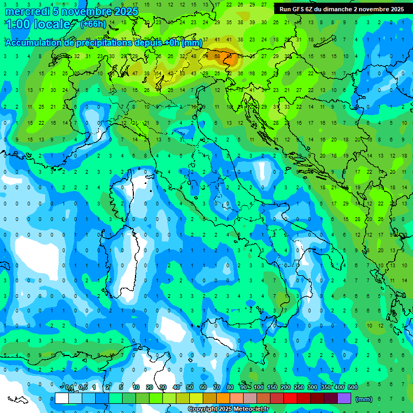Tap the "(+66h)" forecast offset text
tap(93, 24)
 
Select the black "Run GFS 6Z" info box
tap(341, 9)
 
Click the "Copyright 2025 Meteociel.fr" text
tap(228, 409)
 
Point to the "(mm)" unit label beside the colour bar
tap(364, 399)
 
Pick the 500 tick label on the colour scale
tap(353, 388)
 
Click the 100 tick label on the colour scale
tap(259, 388)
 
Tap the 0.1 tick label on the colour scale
tap(69, 388)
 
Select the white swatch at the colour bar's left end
tap(61, 398)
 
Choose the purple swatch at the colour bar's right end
tap(344, 398)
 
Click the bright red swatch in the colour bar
tap(290, 398)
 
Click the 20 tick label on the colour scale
tap(149, 388)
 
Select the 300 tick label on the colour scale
tap(312, 388)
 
